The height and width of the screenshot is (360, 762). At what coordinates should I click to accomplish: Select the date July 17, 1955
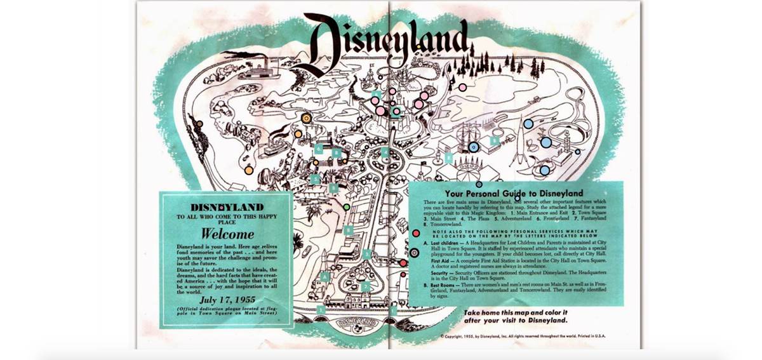pyautogui.click(x=227, y=298)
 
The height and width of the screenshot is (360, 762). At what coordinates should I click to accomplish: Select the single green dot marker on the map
pyautogui.click(x=346, y=207)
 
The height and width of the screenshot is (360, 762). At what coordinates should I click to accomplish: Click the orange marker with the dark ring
pyautogui.click(x=306, y=118)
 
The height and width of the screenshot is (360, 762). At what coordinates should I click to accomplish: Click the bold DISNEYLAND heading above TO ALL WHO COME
pyautogui.click(x=227, y=208)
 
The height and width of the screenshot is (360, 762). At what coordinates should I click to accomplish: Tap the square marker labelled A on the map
pyautogui.click(x=324, y=276)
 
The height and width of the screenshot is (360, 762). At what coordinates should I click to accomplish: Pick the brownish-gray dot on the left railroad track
pyautogui.click(x=199, y=124)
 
